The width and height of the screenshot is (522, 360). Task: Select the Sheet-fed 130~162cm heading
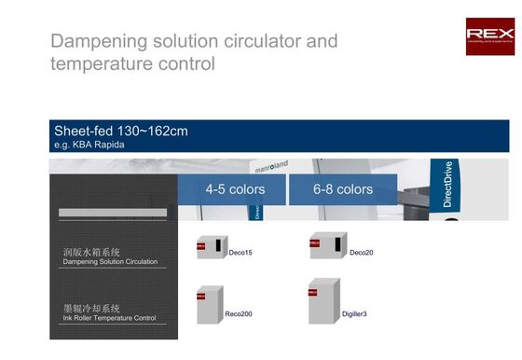tap(121, 130)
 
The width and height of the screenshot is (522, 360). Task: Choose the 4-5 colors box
tap(235, 188)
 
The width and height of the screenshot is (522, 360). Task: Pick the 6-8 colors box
tap(342, 188)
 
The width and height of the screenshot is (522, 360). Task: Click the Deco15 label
tap(240, 253)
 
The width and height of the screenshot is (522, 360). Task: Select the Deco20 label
tap(361, 253)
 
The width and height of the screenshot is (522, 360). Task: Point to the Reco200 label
tap(239, 314)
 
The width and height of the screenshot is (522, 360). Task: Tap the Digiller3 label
tap(354, 314)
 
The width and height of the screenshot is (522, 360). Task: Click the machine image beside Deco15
tap(211, 248)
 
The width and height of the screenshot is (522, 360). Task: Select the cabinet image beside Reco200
tap(208, 304)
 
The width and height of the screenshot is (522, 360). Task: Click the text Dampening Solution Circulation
tap(110, 262)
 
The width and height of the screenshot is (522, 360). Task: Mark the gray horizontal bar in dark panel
tap(112, 213)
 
